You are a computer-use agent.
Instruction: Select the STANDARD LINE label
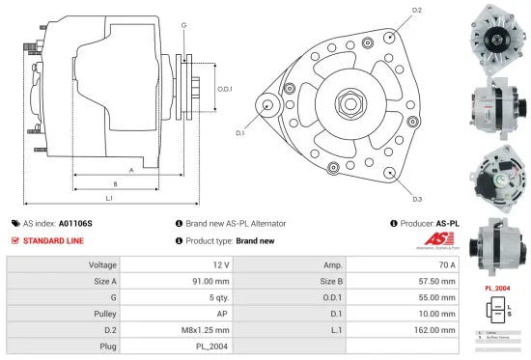point(52,240)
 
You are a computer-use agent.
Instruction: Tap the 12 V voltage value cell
point(220,264)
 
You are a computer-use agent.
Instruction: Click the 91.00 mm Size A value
point(211,281)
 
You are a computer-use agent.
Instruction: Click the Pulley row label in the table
point(104,314)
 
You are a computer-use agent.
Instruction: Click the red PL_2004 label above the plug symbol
point(496,288)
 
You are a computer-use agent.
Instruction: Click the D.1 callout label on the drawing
point(238,132)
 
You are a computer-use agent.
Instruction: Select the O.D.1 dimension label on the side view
point(225,89)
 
